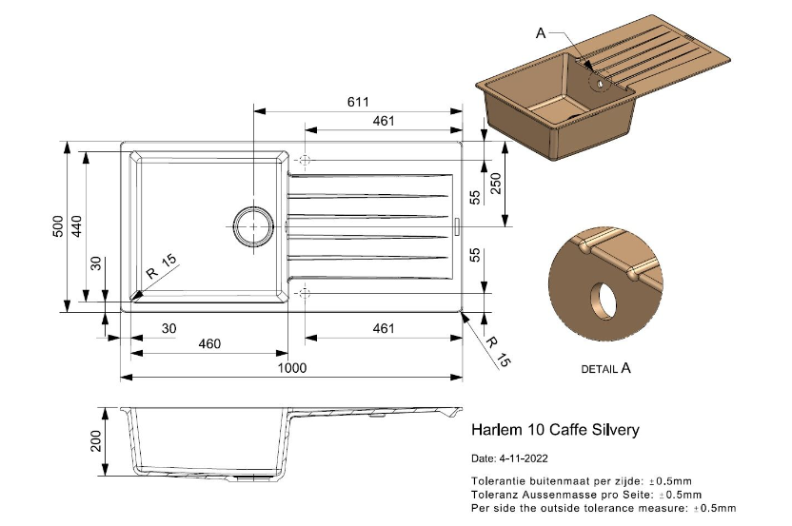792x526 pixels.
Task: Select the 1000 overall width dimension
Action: tap(291, 368)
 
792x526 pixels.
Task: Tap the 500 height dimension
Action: tap(58, 226)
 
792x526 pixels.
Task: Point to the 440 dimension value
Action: tap(78, 226)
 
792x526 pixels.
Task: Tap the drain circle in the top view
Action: tap(253, 226)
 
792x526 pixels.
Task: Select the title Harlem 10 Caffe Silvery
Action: tap(555, 430)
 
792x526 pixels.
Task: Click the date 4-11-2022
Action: tap(525, 458)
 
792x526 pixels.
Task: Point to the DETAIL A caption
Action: tap(605, 368)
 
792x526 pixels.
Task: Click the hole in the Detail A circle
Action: tap(601, 302)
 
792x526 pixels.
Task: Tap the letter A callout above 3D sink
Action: tap(541, 32)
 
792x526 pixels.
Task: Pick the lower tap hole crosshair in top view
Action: tap(305, 293)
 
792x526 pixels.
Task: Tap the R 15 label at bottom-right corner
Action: tap(497, 350)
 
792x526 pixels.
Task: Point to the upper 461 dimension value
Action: tap(384, 121)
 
